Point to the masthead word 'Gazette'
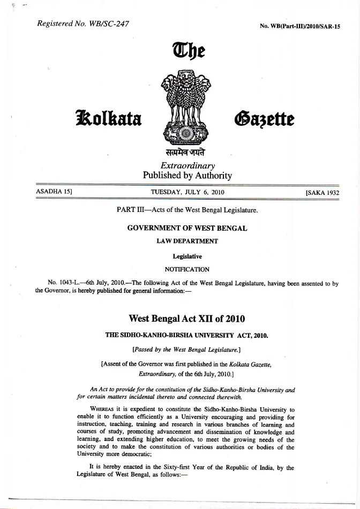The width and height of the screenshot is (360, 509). (262, 116)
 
